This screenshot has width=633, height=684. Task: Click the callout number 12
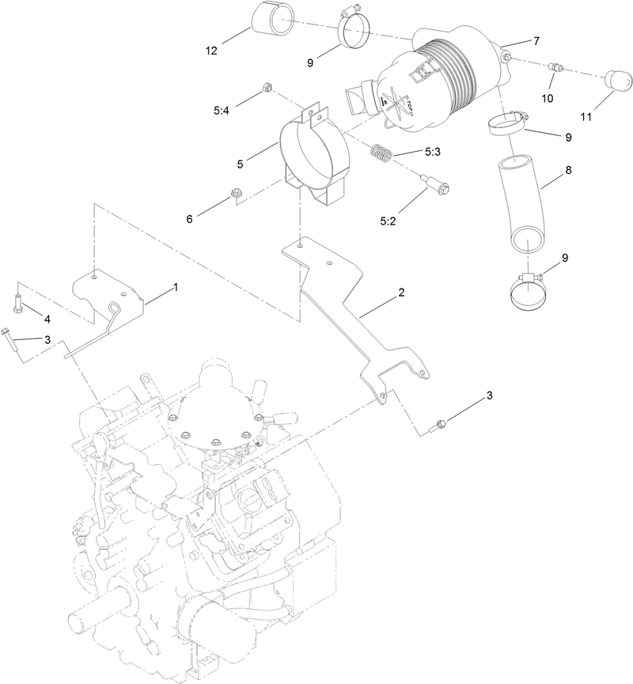point(211,51)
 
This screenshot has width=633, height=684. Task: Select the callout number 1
point(176,288)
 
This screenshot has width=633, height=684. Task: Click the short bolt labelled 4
point(18,300)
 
